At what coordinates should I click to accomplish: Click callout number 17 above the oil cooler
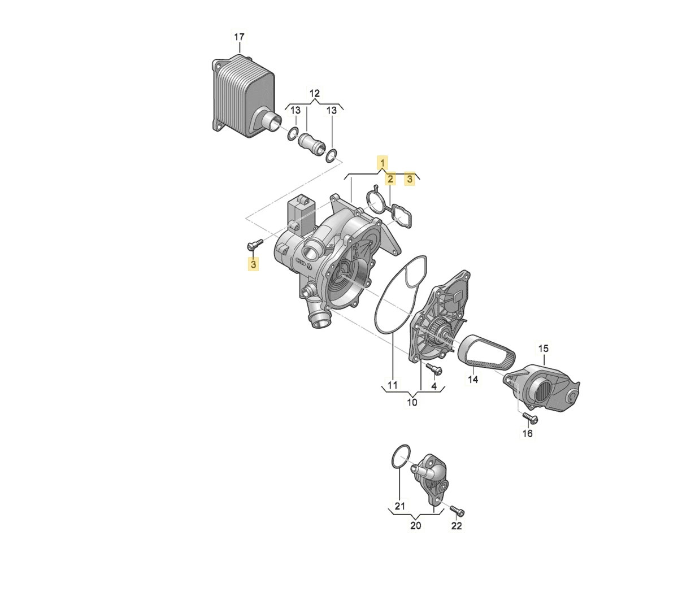tap(239, 37)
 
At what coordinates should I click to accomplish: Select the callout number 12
tap(315, 93)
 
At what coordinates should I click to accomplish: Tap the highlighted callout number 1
tap(382, 164)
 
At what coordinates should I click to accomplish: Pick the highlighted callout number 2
tap(390, 180)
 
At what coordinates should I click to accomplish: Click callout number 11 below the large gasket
tap(392, 385)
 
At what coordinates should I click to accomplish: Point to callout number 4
tap(434, 386)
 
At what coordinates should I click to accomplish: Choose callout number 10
tap(412, 402)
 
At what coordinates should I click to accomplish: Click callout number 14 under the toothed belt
tap(473, 380)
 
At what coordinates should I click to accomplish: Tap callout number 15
tap(543, 349)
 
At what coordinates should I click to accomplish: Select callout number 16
tap(527, 434)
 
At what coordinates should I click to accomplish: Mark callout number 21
tap(399, 506)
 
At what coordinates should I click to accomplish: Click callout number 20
tap(415, 526)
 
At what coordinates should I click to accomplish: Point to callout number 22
tap(457, 526)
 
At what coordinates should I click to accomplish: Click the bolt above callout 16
tap(530, 417)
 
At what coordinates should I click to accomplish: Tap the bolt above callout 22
tap(457, 511)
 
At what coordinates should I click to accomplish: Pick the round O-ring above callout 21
tap(401, 457)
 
